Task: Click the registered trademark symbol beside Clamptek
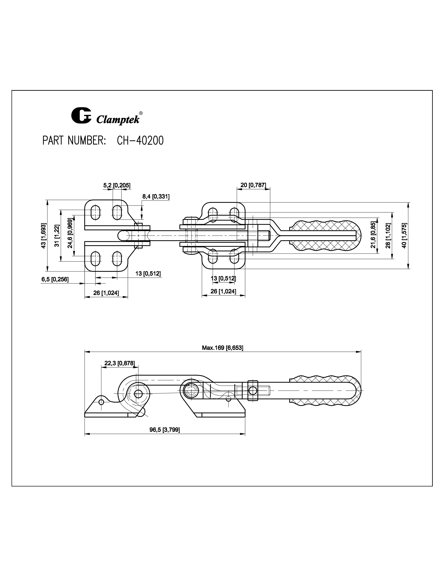click(x=141, y=113)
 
